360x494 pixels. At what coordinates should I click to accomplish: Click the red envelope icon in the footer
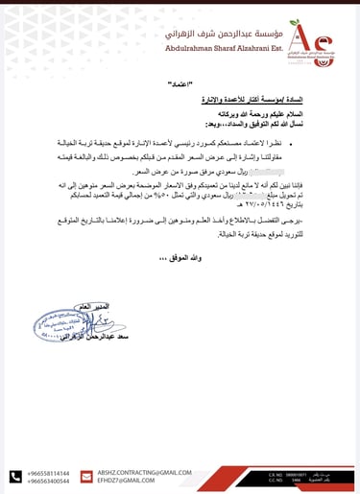pos(88,477)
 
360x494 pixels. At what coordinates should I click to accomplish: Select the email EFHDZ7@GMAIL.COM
pos(125,481)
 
